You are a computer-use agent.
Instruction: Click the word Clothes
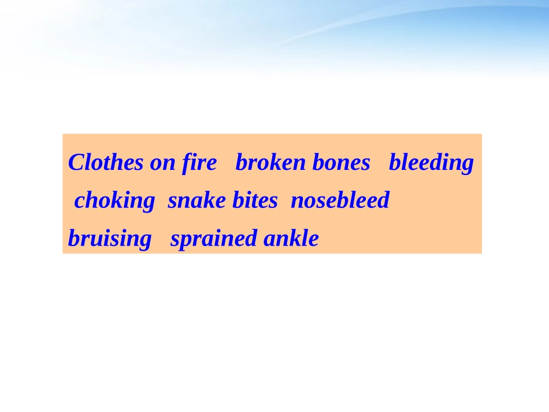click(106, 163)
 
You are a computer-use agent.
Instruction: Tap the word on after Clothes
click(162, 163)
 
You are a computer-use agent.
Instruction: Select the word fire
click(198, 163)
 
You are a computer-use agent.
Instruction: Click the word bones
click(341, 163)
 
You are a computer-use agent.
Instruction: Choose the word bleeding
click(431, 164)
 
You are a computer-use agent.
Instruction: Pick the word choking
click(114, 201)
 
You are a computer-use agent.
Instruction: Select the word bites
click(255, 201)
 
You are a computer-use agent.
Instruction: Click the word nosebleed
click(340, 201)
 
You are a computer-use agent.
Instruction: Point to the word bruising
click(110, 239)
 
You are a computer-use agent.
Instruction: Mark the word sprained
click(214, 239)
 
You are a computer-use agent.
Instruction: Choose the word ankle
click(291, 238)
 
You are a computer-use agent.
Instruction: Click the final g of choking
click(149, 202)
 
